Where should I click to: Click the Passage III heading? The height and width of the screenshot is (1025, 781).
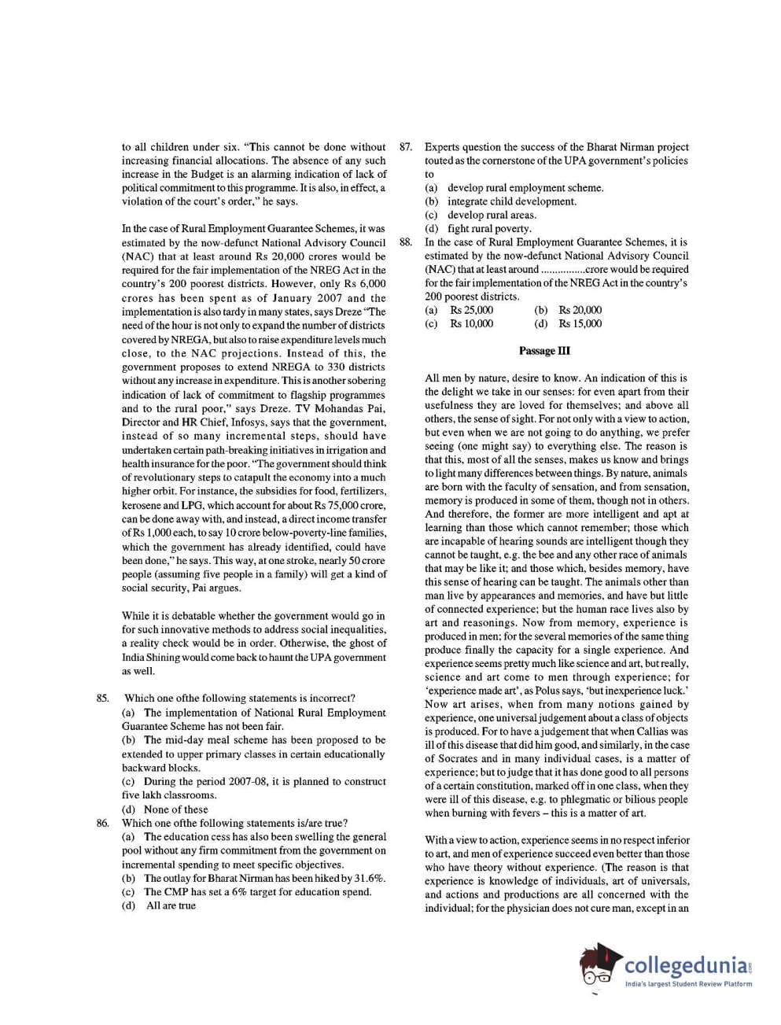(544, 351)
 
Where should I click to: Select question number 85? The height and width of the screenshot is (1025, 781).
(102, 699)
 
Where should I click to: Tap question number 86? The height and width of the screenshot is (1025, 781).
(102, 823)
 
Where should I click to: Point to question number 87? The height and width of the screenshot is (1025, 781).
(406, 147)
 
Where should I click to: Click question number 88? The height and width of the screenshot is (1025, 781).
(406, 242)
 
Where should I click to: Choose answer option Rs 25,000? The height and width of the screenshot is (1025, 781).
(472, 310)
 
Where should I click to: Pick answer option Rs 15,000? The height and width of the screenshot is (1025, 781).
(580, 323)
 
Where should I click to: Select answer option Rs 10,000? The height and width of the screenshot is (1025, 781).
(472, 323)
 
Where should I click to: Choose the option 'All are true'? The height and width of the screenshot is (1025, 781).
(171, 905)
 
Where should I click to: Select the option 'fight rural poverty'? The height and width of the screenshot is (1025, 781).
(489, 229)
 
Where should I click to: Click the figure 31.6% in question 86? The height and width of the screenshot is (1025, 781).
(367, 878)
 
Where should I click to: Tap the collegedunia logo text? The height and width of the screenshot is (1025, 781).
(687, 964)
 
